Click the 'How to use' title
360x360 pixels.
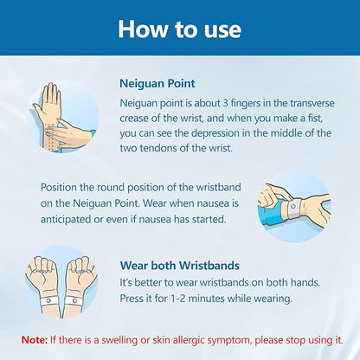[179, 29]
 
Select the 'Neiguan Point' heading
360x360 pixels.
[157, 84]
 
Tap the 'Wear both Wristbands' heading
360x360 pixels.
[180, 266]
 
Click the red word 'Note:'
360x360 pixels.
[35, 340]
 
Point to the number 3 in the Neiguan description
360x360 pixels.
[225, 103]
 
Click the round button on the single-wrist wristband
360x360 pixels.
[294, 207]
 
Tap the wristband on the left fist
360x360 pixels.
[49, 301]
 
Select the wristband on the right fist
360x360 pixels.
[74, 301]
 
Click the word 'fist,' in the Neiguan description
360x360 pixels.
[312, 119]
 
